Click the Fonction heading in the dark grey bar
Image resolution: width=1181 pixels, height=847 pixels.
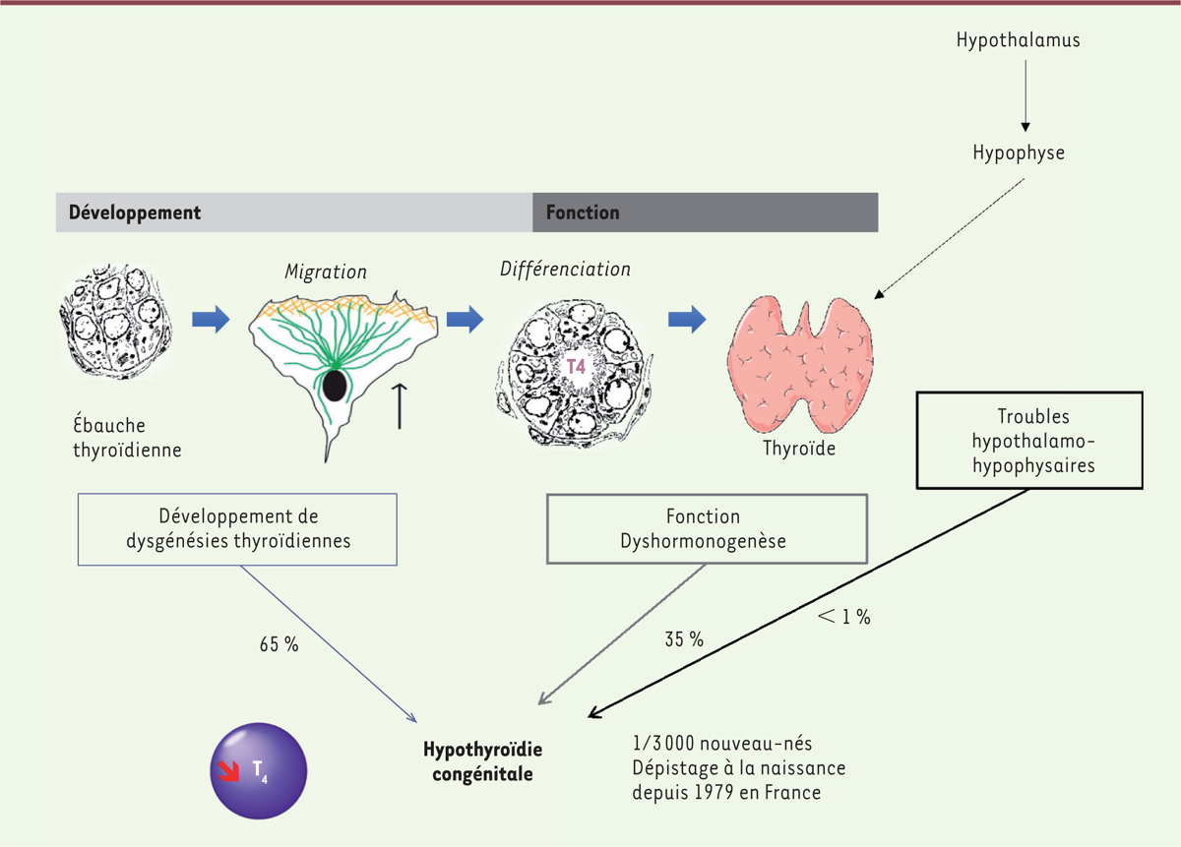[583, 212]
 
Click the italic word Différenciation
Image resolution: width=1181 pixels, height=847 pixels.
[565, 269]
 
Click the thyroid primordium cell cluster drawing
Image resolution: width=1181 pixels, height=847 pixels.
[115, 330]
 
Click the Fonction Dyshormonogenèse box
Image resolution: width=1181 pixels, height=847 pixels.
[708, 528]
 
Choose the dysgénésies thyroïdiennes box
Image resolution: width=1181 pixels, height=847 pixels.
[238, 528]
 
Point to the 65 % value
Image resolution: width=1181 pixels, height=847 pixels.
[279, 646]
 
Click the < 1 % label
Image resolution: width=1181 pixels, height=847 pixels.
[842, 618]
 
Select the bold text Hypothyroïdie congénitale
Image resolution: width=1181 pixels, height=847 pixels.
[482, 761]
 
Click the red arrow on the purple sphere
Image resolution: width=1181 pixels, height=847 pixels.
[227, 769]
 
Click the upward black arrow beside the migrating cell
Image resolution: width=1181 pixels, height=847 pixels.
[401, 405]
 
